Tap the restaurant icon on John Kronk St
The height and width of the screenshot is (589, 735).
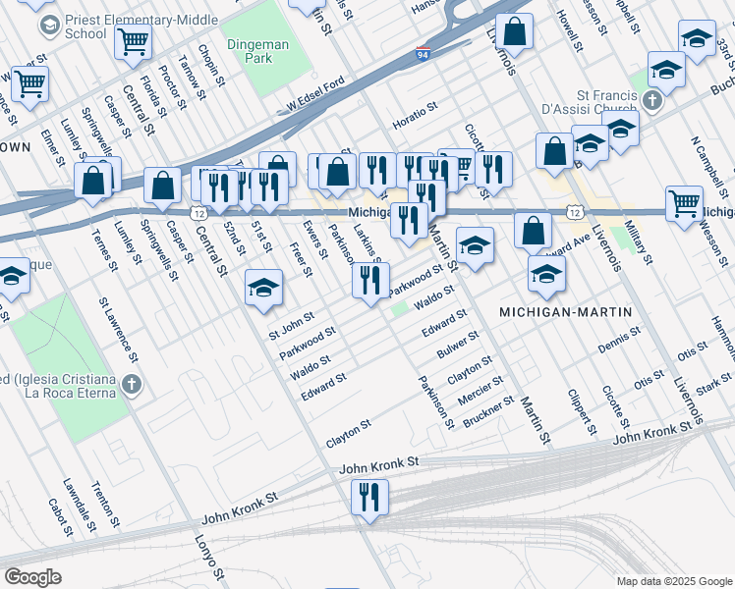tap(370, 497)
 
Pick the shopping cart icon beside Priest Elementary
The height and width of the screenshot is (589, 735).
tap(133, 41)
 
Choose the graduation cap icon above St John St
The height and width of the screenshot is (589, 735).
tap(262, 288)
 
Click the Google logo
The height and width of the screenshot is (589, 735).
tap(33, 576)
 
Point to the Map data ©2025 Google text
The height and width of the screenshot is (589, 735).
tap(673, 580)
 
